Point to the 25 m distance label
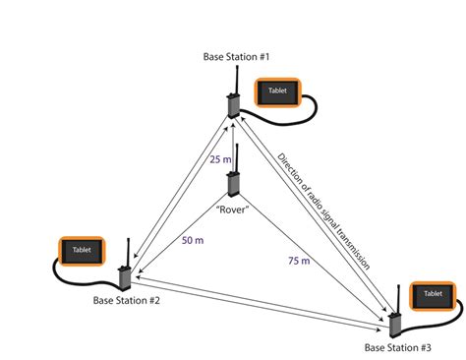coord(222,159)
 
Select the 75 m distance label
coord(298,261)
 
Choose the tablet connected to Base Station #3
coord(433,295)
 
